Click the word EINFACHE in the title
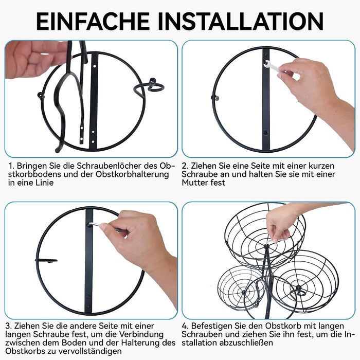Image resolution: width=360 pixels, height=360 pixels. point(93,21)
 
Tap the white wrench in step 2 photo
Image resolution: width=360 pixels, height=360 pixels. point(273,66)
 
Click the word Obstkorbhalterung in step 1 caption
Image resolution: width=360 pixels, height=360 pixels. point(132,174)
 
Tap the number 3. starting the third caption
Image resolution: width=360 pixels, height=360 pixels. point(9,326)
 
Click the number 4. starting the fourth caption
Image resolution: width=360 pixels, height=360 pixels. point(185,326)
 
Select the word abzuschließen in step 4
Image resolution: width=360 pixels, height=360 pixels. point(246,343)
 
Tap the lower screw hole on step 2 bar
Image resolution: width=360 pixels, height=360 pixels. point(266,133)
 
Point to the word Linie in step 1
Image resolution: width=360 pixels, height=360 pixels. point(44,183)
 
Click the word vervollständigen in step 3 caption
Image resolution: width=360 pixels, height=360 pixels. point(90,351)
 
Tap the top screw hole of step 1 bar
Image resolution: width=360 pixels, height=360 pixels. point(94,66)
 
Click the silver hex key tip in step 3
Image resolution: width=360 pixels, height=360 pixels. point(90,225)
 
